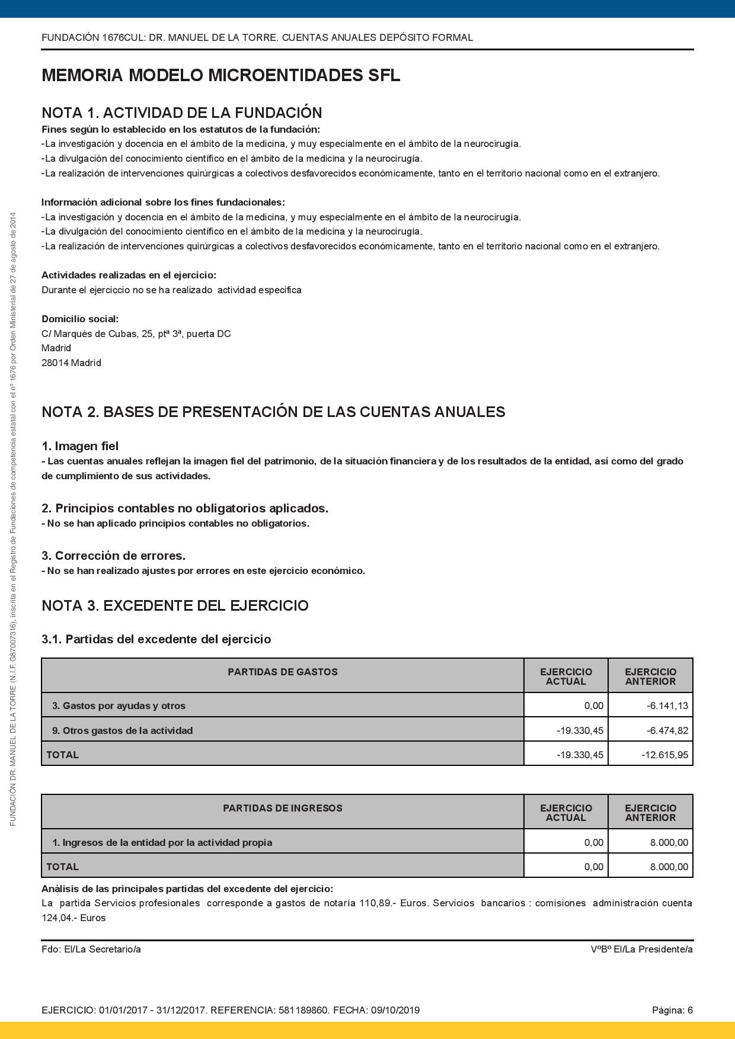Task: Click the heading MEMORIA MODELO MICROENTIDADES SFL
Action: coord(220,76)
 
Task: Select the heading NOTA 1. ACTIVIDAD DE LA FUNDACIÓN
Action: coord(181,113)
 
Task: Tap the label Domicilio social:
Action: coord(80,319)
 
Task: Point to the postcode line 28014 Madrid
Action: coord(71,363)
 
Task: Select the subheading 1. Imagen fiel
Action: coord(80,446)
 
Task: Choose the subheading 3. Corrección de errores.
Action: coord(113,556)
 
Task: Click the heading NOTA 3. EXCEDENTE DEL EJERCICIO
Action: coord(175,605)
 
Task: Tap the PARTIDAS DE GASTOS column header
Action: coord(282,672)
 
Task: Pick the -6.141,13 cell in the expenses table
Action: coord(667,706)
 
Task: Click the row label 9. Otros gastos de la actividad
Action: coord(122,730)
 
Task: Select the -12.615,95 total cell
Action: coord(664,755)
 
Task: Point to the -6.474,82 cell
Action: coord(667,730)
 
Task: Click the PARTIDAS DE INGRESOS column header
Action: coord(282,808)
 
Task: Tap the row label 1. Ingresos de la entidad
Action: coord(162,842)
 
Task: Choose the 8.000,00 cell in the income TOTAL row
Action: coord(669,867)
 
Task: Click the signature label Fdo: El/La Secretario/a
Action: coord(91,950)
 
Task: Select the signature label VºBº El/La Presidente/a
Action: coord(641,950)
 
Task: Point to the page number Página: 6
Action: coord(672,1010)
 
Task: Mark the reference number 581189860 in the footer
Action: coord(303,1010)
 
